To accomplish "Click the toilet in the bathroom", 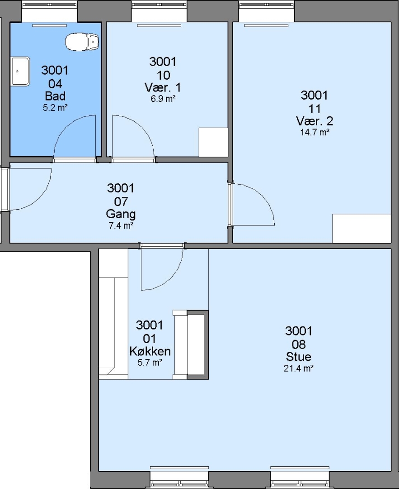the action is point(82,42).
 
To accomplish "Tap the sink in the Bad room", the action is point(20,71).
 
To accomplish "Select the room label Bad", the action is point(55,96).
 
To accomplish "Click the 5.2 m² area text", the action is point(55,108).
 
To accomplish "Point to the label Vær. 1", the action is point(163,87).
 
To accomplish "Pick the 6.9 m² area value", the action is point(163,99).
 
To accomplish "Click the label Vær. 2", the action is point(315,121).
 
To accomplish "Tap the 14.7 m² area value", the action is point(315,133).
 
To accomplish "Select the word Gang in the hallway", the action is point(121,214).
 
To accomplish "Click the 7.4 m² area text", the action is point(121,225).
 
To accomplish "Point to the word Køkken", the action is point(150,351).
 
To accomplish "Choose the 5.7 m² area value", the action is point(150,363).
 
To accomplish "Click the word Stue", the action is point(299,357).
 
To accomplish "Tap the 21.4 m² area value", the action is point(299,369).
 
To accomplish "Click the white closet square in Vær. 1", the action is point(213,142).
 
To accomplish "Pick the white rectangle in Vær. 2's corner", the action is point(361,228).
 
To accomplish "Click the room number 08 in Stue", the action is point(299,345).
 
